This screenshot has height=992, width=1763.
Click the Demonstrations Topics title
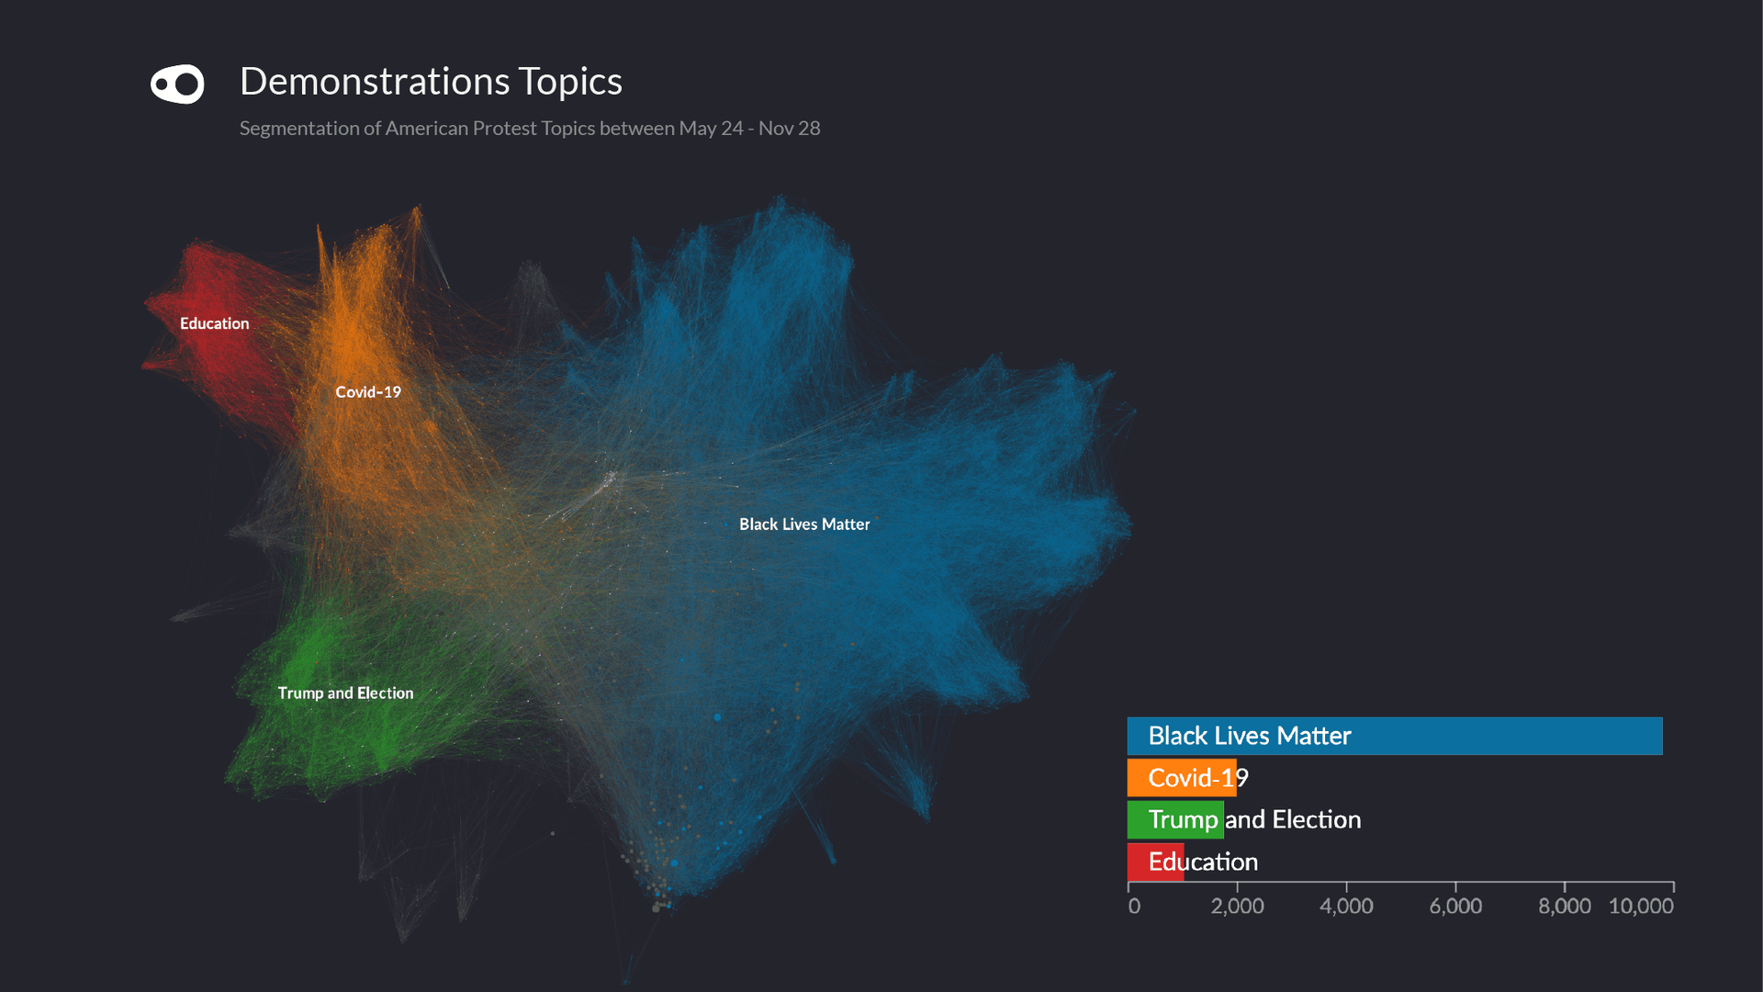pyautogui.click(x=431, y=82)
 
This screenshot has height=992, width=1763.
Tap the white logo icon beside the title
pyautogui.click(x=177, y=85)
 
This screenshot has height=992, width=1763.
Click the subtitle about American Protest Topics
pyautogui.click(x=530, y=129)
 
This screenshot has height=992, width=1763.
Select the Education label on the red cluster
pyautogui.click(x=214, y=323)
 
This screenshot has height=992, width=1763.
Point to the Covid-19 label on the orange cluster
pyautogui.click(x=368, y=392)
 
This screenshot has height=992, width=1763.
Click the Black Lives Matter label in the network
pyautogui.click(x=804, y=524)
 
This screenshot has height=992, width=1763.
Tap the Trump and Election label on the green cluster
pyautogui.click(x=345, y=693)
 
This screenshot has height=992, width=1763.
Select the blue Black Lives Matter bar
pyautogui.click(x=1394, y=737)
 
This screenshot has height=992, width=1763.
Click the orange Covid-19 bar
pyautogui.click(x=1181, y=778)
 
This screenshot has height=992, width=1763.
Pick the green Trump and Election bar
pyautogui.click(x=1175, y=820)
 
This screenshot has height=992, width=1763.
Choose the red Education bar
pyautogui.click(x=1155, y=862)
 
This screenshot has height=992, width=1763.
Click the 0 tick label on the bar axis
pyautogui.click(x=1134, y=907)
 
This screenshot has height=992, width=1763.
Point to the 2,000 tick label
pyautogui.click(x=1237, y=907)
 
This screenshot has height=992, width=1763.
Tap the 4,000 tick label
pyautogui.click(x=1346, y=907)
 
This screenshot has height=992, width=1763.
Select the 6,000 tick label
pyautogui.click(x=1455, y=907)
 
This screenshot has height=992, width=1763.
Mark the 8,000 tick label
pyautogui.click(x=1564, y=907)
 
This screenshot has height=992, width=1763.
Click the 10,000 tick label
pyautogui.click(x=1641, y=907)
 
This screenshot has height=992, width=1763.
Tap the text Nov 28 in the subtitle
pyautogui.click(x=789, y=129)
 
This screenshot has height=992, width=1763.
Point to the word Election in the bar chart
pyautogui.click(x=1316, y=819)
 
